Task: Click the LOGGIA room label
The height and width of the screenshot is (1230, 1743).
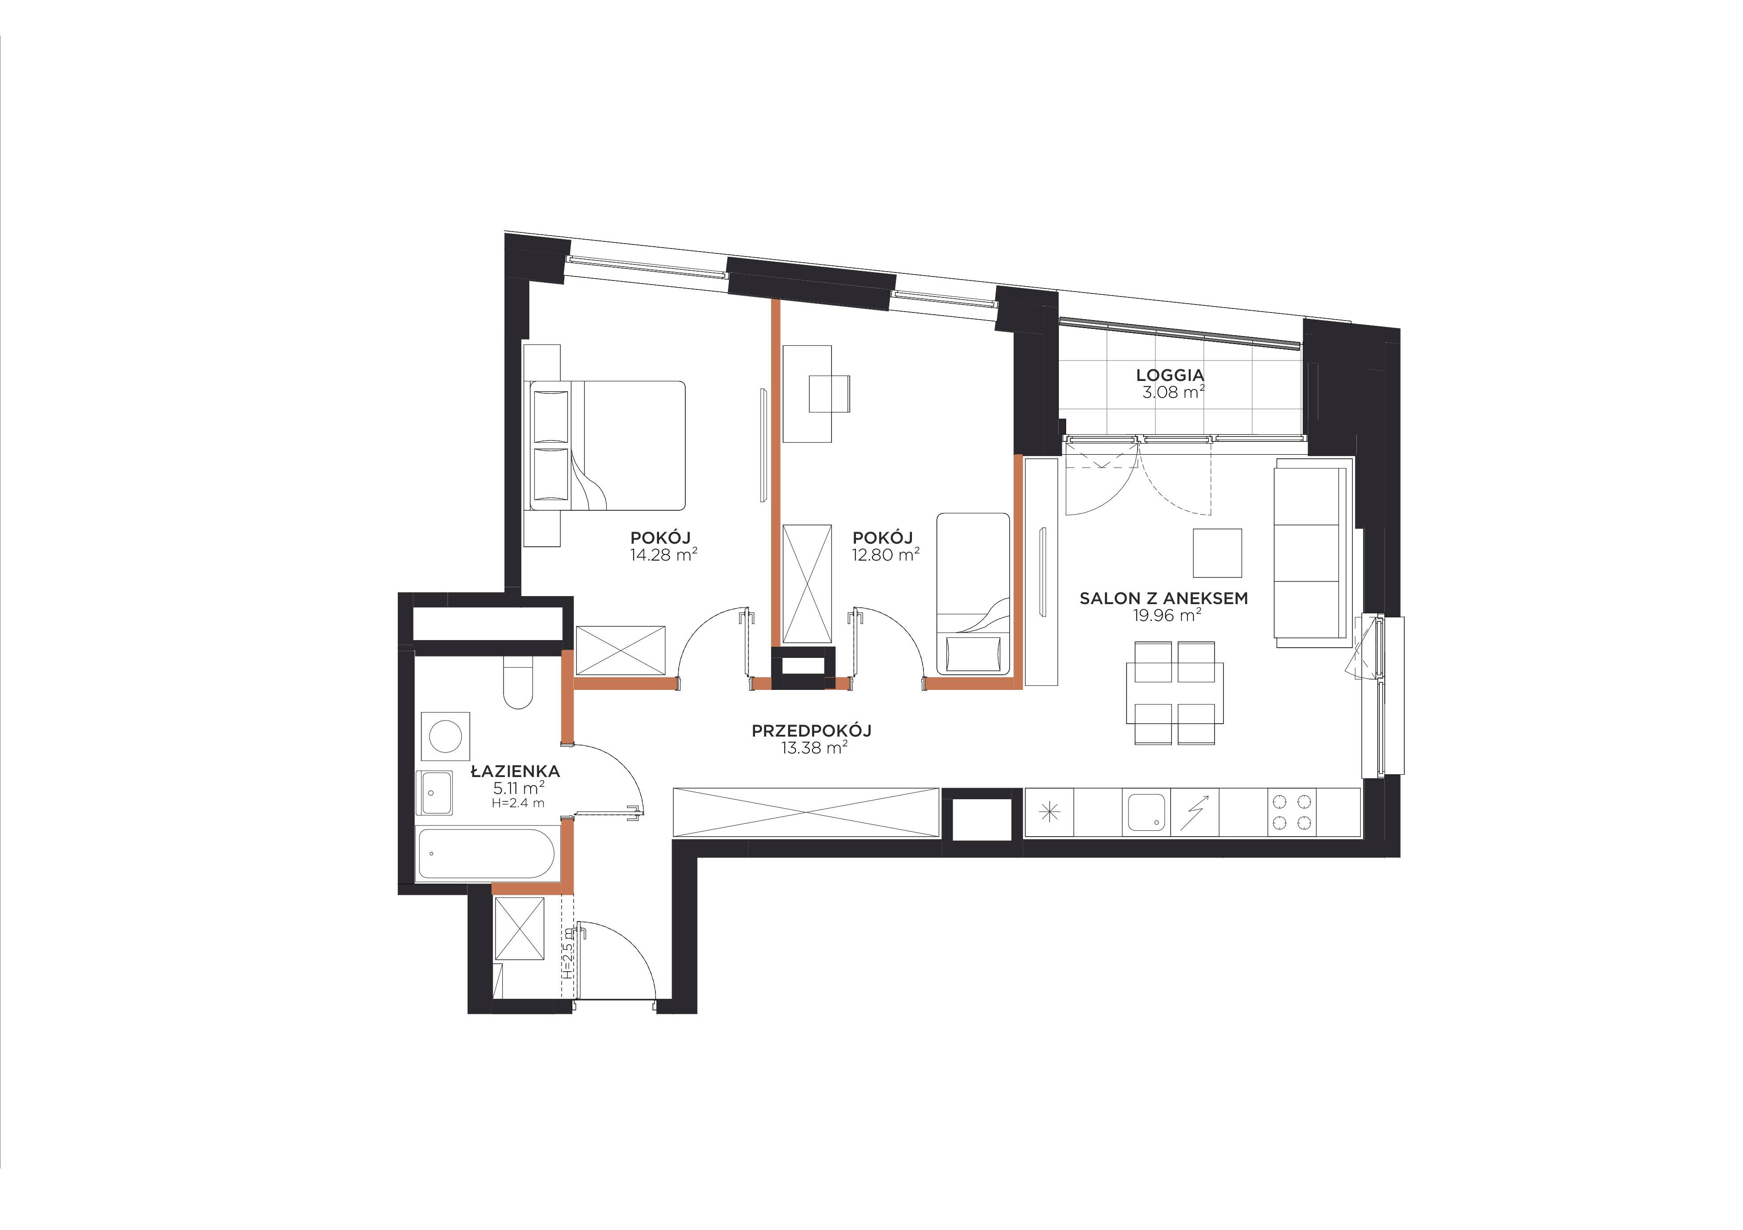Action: click(1170, 375)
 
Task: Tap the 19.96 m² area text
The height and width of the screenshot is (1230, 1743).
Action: click(1167, 615)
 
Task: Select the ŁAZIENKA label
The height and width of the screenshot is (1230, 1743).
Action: click(516, 771)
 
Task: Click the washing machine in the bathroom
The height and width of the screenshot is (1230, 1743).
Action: click(446, 736)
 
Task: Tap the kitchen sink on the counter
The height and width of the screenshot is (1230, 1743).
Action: click(1146, 813)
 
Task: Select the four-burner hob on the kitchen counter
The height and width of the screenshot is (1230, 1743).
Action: click(1292, 813)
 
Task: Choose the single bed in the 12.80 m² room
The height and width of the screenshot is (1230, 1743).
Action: click(973, 594)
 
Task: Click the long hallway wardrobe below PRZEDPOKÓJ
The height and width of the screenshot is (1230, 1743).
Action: click(806, 813)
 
